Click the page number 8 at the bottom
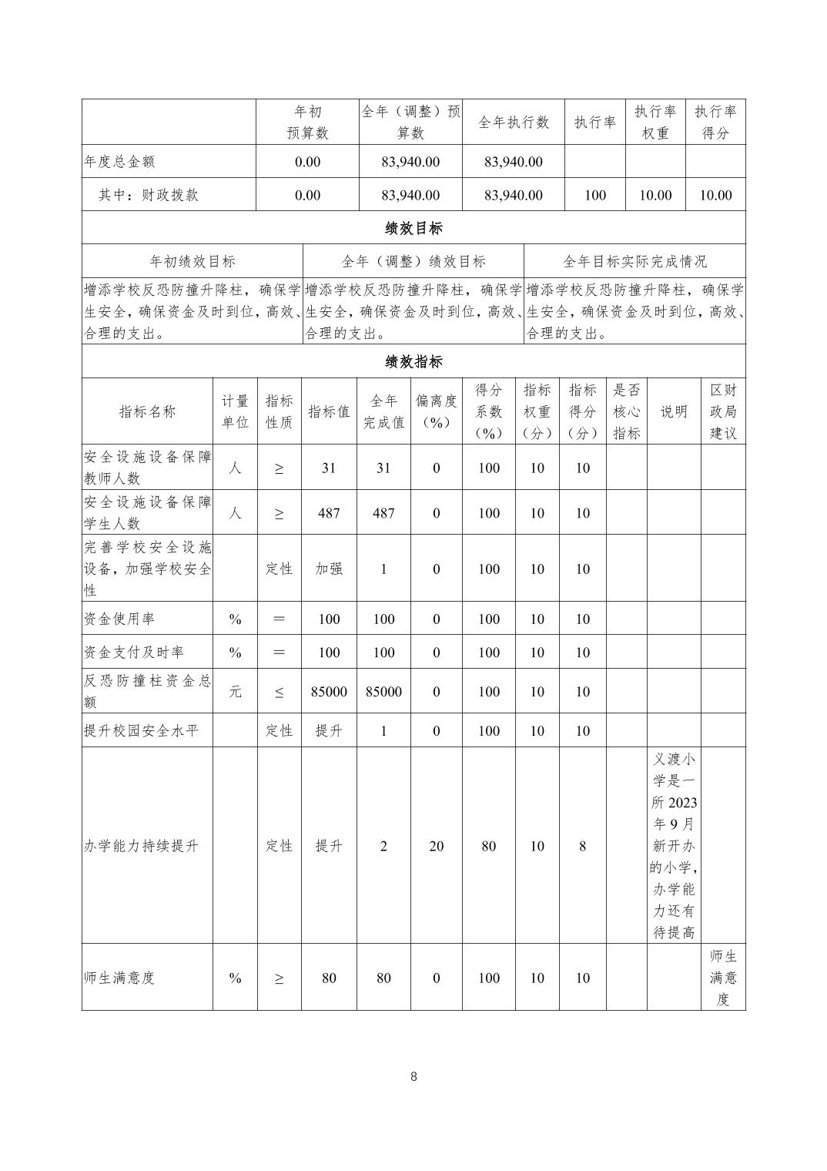click(413, 1076)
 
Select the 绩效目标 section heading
click(413, 228)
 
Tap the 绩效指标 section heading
click(413, 361)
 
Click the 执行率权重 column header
click(655, 122)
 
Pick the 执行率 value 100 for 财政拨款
click(595, 195)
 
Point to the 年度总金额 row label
click(120, 162)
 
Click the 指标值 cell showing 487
click(329, 513)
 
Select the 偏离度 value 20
click(436, 846)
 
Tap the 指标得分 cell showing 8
click(582, 846)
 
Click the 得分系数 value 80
click(488, 846)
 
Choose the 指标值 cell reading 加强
click(329, 569)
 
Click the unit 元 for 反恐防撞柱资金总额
click(235, 692)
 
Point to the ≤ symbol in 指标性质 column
click(279, 692)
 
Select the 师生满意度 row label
click(120, 978)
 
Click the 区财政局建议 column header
click(722, 411)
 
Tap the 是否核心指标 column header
click(626, 411)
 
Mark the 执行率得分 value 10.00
click(715, 195)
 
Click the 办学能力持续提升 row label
click(141, 846)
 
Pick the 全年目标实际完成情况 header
click(634, 261)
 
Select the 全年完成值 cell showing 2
click(383, 846)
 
